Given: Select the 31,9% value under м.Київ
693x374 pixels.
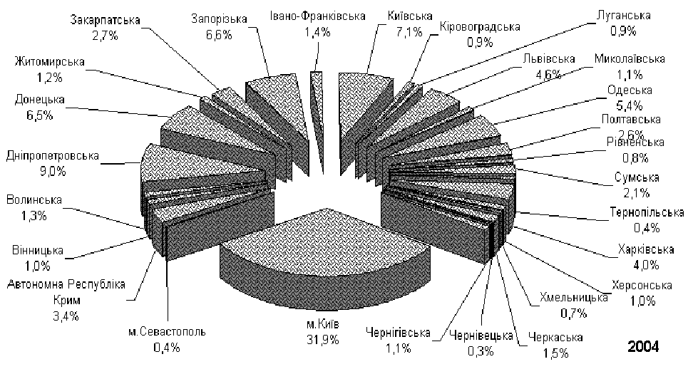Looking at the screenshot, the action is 323,340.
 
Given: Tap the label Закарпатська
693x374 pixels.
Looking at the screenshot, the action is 106,21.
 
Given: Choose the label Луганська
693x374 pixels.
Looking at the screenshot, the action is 623,16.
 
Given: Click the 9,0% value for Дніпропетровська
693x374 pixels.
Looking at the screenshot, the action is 53,171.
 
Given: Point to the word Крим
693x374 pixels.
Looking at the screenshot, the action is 67,301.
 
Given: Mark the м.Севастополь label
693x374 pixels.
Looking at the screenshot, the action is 167,331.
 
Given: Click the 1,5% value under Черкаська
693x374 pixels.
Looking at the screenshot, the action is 555,353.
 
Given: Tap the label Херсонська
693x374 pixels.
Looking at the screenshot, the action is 642,286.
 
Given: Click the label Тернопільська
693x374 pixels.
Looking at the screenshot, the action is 647,212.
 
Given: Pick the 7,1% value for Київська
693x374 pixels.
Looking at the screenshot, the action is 409,32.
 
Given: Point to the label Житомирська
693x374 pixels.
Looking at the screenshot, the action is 49,61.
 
